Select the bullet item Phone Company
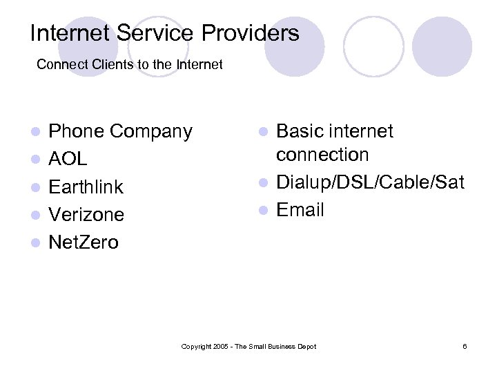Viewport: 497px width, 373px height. coord(120,131)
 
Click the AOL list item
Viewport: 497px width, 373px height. coord(68,159)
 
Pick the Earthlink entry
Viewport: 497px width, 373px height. coord(86,186)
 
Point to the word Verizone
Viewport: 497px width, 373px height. coord(86,214)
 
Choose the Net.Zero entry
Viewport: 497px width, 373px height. coord(84,242)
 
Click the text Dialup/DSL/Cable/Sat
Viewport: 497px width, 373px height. coord(370,182)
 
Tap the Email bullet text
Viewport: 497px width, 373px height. coord(300,210)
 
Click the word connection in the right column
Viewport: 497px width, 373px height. coord(322,155)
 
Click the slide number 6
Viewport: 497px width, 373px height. coord(465,346)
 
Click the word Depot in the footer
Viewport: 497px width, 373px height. coord(306,346)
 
